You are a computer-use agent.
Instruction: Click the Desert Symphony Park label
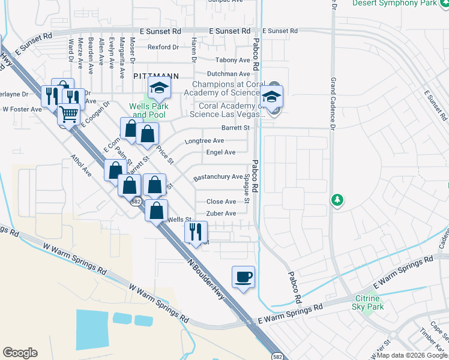pos(394,3)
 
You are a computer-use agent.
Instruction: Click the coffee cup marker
pos(243,277)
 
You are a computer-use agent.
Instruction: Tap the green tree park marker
pos(337,199)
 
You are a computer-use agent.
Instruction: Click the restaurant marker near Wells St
pos(196,231)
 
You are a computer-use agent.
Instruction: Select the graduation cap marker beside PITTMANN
pos(159,89)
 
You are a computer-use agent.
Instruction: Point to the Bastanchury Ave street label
pos(218,178)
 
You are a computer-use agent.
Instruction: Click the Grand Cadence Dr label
pos(332,101)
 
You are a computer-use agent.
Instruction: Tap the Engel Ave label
pos(221,152)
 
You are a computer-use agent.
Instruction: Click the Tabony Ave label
pos(233,60)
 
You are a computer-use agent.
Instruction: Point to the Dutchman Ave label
pos(229,73)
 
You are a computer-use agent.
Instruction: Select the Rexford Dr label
pos(163,47)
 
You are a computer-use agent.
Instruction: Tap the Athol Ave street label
pos(80,166)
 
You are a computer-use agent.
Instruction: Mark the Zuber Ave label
pos(221,213)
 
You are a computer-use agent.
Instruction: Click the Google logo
pos(20,353)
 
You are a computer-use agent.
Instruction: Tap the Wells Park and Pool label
pos(148,110)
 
